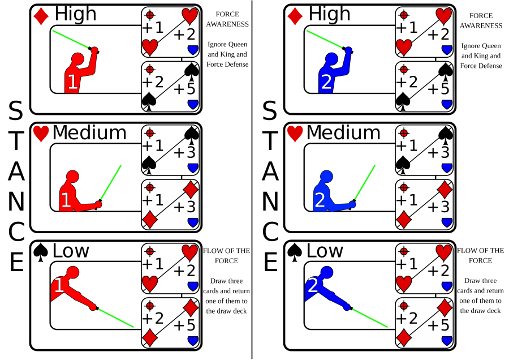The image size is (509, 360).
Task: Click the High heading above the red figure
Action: coord(76,14)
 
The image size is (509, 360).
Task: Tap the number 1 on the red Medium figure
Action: coord(66,200)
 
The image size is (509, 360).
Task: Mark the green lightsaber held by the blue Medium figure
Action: coord(365,183)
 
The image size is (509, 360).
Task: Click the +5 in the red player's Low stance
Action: coord(184,325)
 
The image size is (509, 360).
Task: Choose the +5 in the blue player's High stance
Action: coord(438,89)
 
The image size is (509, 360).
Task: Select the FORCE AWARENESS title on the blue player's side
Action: coord(481,20)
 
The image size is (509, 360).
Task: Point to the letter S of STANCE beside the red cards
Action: coord(16,112)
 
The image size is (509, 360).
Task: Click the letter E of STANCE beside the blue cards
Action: coord(270,263)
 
